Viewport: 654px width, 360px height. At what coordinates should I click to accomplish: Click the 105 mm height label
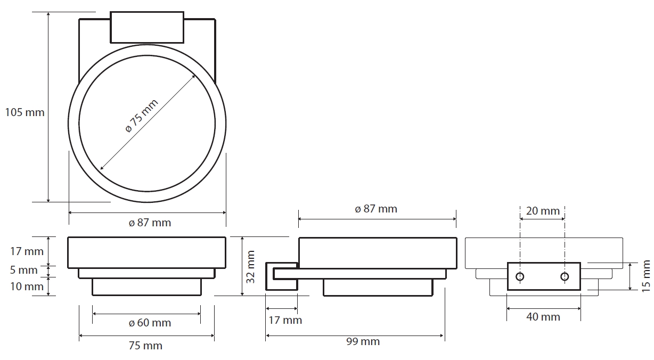coord(24,112)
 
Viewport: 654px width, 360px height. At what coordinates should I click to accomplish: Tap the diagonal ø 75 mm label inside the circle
coord(142,116)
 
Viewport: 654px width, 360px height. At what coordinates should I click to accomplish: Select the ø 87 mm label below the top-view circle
coord(150,223)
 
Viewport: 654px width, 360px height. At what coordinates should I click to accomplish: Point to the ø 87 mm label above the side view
coord(376,209)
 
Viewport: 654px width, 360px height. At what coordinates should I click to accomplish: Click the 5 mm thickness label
coord(24,270)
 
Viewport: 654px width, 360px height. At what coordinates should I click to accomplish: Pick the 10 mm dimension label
coord(27,287)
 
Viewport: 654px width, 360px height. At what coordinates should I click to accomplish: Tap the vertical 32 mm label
coord(251,266)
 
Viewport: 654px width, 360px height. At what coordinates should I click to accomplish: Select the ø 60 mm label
coord(150,323)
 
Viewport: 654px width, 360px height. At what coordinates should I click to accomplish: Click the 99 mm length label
coord(363,341)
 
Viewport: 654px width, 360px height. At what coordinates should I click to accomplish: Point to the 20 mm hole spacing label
coord(543,211)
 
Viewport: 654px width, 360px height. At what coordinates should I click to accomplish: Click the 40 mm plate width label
coord(543,317)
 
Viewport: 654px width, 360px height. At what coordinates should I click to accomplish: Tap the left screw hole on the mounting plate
coord(520,276)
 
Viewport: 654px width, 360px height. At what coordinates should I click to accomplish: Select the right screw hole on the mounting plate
coord(565,276)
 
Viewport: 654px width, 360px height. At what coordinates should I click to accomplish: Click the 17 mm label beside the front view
coord(27,251)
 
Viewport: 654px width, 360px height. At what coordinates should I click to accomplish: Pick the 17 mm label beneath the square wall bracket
coord(285,320)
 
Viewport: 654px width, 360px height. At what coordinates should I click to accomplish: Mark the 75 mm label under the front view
coord(146,346)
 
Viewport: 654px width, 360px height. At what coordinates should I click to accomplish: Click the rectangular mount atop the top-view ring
coord(147,27)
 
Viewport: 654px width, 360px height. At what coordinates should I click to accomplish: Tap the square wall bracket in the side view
coord(281,276)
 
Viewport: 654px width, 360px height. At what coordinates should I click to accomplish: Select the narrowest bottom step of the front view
coord(146,287)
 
